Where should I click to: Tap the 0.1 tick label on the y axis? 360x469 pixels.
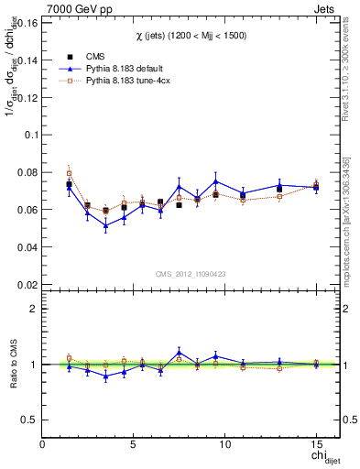pyautogui.click(x=28, y=134)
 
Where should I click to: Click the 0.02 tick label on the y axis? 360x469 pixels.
pyautogui.click(x=26, y=285)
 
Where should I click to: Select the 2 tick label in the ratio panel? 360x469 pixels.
pyautogui.click(x=33, y=309)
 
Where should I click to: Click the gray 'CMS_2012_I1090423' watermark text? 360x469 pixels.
pyautogui.click(x=191, y=273)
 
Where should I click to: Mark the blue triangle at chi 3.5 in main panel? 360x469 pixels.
pyautogui.click(x=105, y=225)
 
